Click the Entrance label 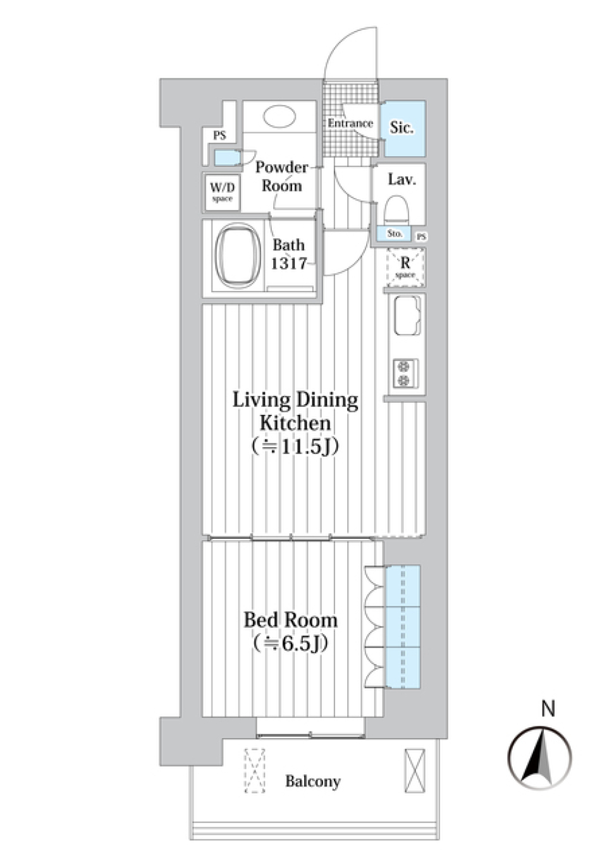click(350, 123)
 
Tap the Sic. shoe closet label click(402, 128)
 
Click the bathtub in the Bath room click(238, 256)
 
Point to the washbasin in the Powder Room click(279, 118)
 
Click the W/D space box click(222, 192)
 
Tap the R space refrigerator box click(405, 268)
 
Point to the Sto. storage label click(395, 234)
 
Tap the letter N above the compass click(548, 710)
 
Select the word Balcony click(312, 782)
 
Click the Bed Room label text click(290, 620)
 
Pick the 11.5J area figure click(295, 446)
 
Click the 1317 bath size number click(289, 264)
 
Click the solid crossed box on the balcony click(415, 770)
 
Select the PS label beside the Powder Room click(219, 135)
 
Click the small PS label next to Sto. click(422, 237)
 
